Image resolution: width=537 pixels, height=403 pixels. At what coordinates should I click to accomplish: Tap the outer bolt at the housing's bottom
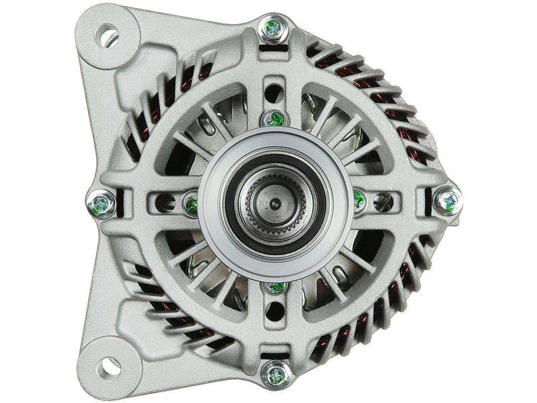click(x=275, y=372)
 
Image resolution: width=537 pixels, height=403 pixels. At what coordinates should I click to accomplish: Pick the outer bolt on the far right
click(x=447, y=201)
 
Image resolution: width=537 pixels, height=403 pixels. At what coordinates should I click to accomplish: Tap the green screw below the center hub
click(x=274, y=287)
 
